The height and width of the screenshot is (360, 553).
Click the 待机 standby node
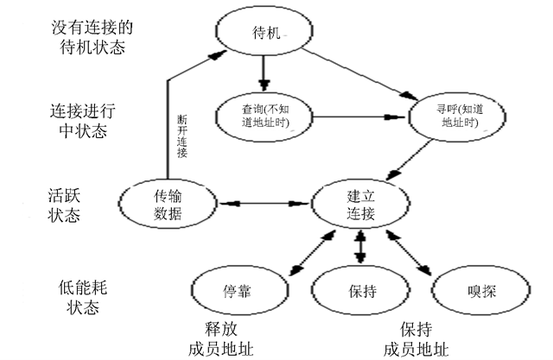[264, 33]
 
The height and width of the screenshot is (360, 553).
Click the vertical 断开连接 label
[182, 136]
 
